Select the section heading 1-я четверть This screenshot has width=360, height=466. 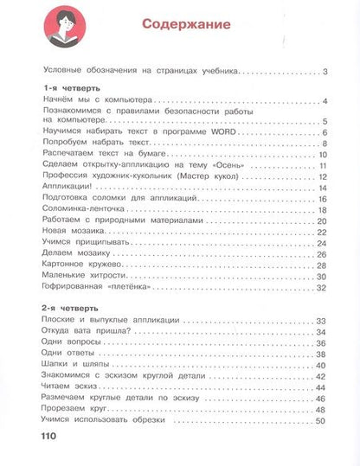coord(69,88)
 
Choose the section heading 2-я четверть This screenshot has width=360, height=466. coord(69,308)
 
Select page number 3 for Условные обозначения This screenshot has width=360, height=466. coord(322,70)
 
